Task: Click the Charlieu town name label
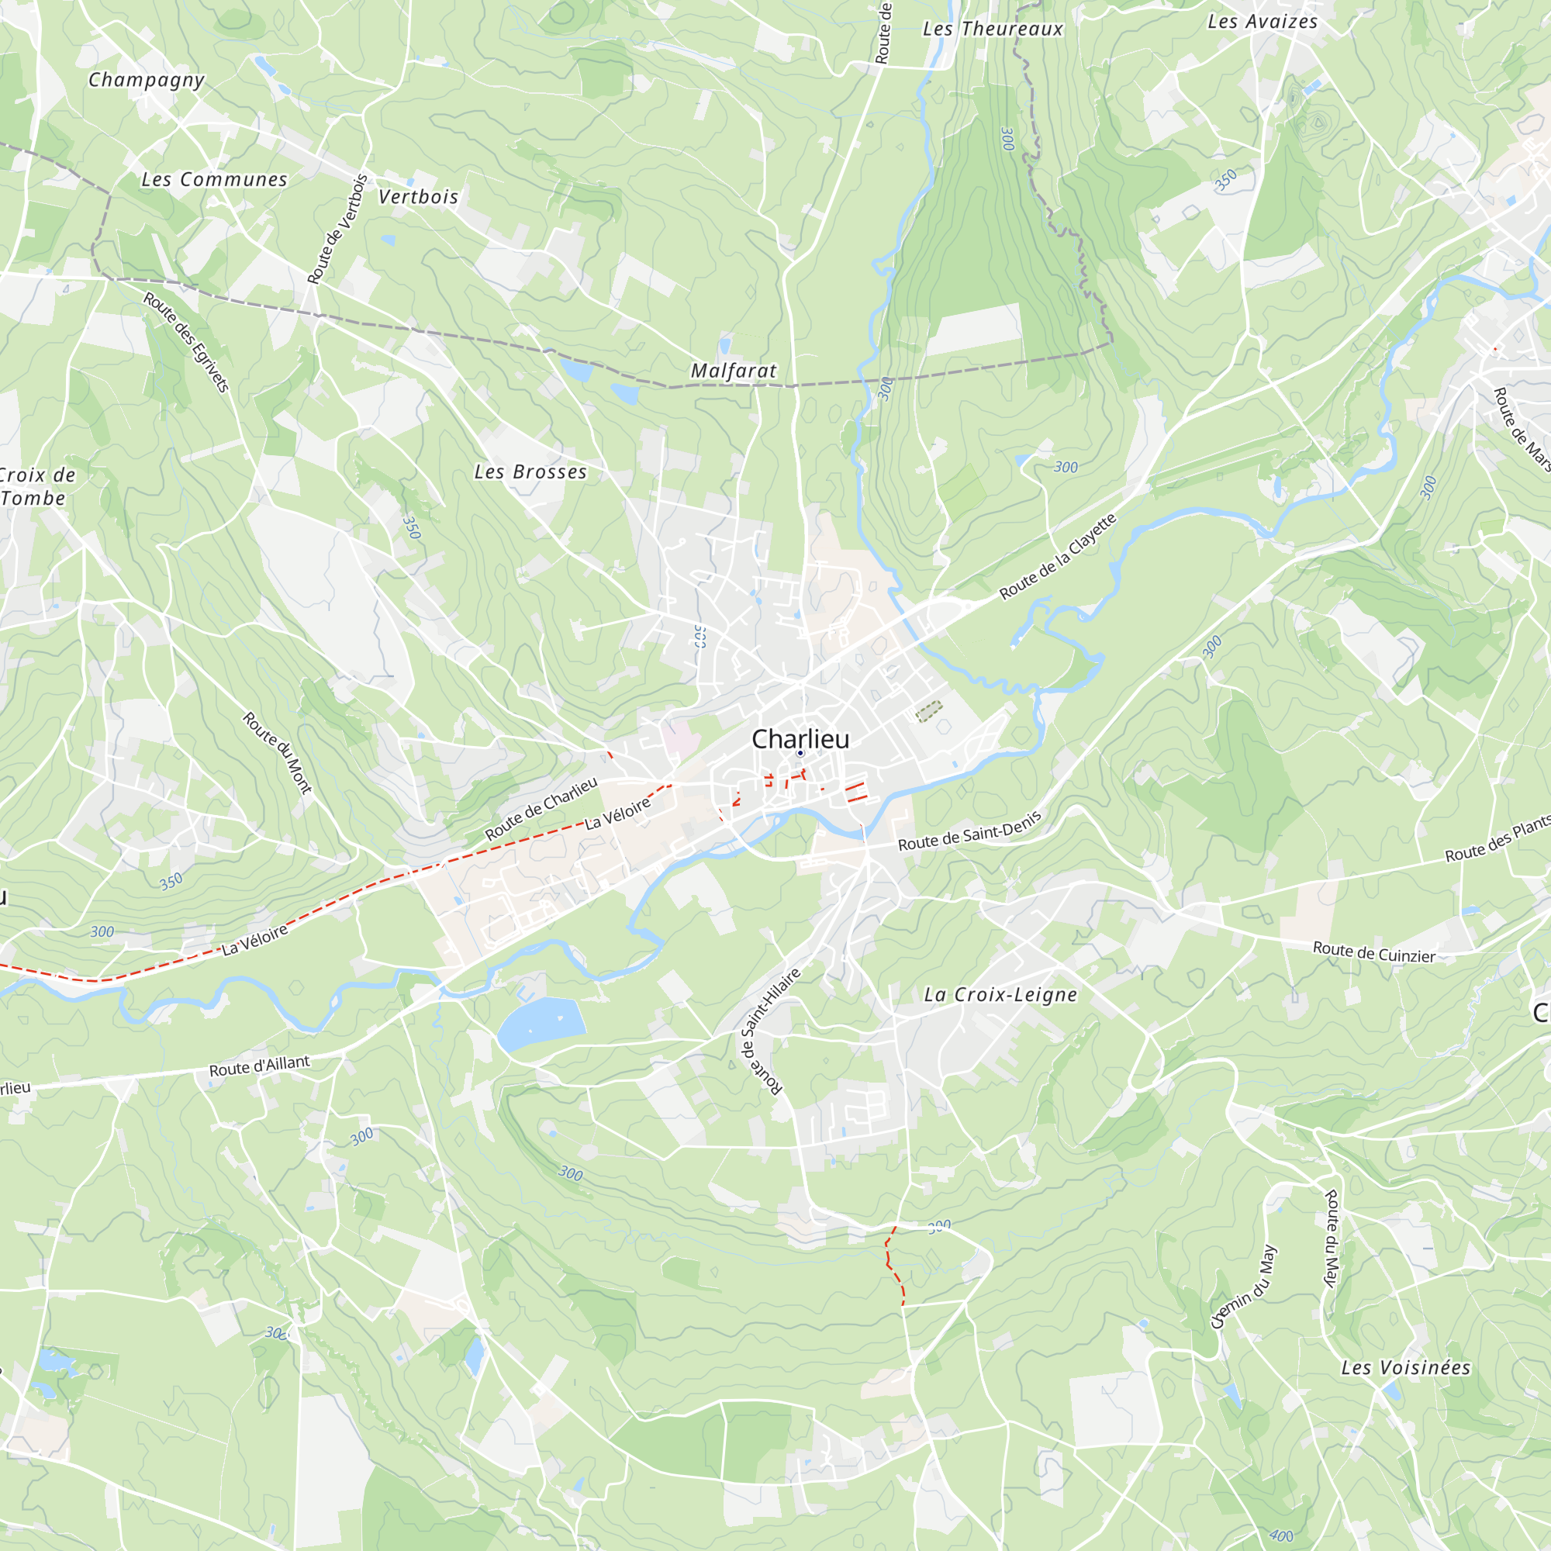[x=800, y=738]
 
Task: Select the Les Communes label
[x=214, y=179]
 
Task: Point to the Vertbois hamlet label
[x=418, y=197]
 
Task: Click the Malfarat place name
[x=734, y=370]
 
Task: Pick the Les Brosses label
[x=530, y=472]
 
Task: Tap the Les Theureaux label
[x=993, y=29]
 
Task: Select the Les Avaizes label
[x=1263, y=22]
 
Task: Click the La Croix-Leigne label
[x=1000, y=995]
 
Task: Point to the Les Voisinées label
[x=1406, y=1367]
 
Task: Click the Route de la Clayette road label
[x=1058, y=556]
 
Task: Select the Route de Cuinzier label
[x=1373, y=952]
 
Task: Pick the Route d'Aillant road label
[x=259, y=1066]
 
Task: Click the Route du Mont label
[x=278, y=752]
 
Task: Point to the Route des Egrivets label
[x=187, y=341]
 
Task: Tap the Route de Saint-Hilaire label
[x=770, y=1031]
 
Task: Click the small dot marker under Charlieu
[x=800, y=753]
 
